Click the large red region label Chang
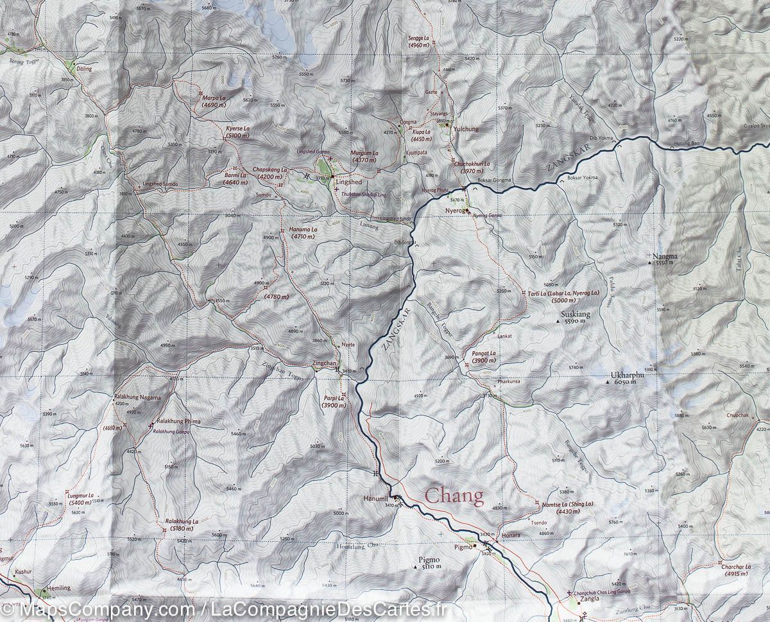click(x=454, y=496)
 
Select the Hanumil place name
click(x=376, y=499)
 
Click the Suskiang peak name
click(x=574, y=315)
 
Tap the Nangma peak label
click(x=664, y=256)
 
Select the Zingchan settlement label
click(x=323, y=363)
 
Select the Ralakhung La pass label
click(x=182, y=521)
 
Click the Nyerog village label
click(x=454, y=210)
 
